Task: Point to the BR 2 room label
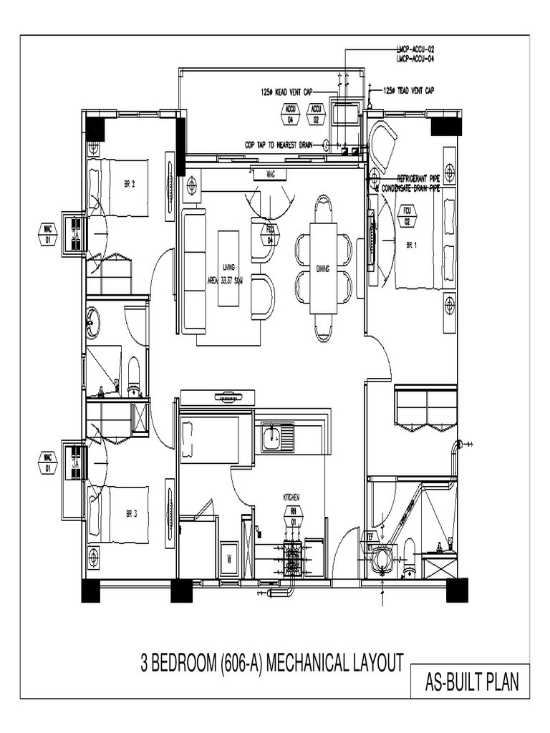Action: click(130, 183)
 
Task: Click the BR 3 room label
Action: click(130, 513)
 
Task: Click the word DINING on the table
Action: click(323, 268)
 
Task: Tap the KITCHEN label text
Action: click(291, 496)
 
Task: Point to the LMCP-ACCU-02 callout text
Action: click(415, 49)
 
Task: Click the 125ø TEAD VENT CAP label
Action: click(408, 91)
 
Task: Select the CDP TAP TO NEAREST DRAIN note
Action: click(279, 144)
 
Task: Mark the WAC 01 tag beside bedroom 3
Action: click(48, 462)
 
